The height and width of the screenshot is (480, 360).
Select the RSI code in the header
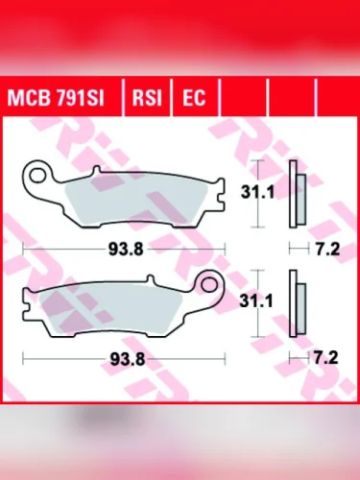[147, 97]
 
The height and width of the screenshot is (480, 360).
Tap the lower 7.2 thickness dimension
[324, 360]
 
